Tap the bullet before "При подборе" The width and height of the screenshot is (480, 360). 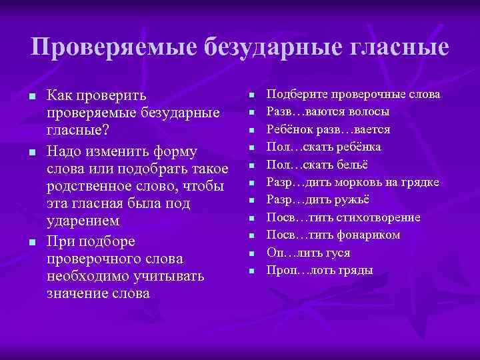[x=31, y=242]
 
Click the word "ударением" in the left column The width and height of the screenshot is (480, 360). [x=83, y=221]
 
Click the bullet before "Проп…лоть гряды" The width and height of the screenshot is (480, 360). [x=252, y=270]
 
